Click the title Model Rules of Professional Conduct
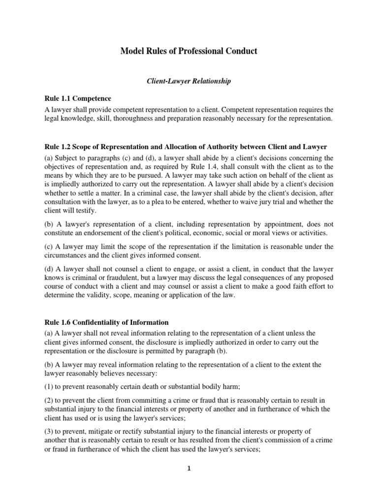(189, 51)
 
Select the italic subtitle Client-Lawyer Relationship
(189, 81)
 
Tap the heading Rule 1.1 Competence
(79, 98)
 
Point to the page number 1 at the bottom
(189, 469)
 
